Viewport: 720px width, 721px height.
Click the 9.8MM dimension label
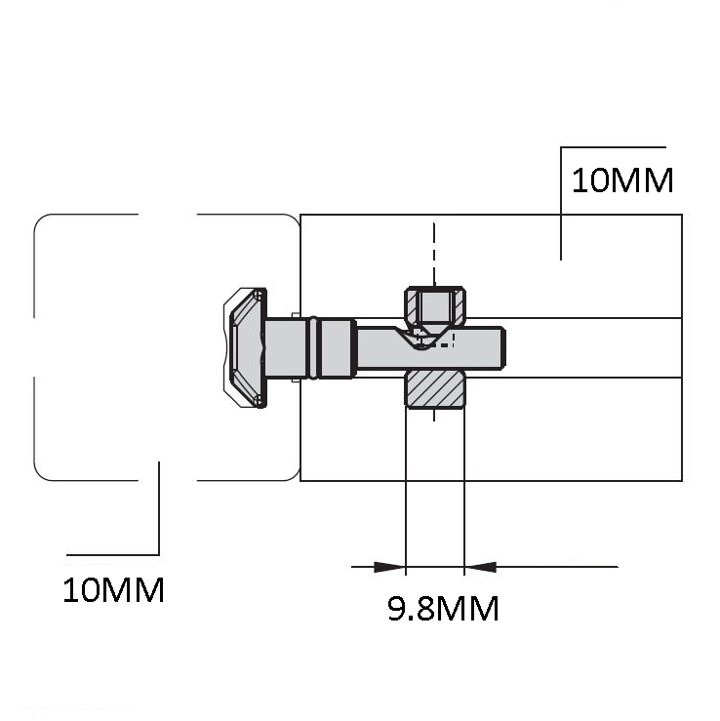point(443,609)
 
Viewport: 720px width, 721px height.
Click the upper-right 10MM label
point(622,180)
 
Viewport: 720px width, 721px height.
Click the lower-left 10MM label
point(113,590)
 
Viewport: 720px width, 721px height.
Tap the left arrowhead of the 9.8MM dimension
point(390,567)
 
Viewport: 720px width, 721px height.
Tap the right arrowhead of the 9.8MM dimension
point(480,567)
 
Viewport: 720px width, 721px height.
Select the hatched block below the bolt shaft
point(435,389)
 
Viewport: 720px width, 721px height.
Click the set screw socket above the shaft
point(435,305)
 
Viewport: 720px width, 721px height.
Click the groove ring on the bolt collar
point(313,347)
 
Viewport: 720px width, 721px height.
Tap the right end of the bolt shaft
point(504,347)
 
